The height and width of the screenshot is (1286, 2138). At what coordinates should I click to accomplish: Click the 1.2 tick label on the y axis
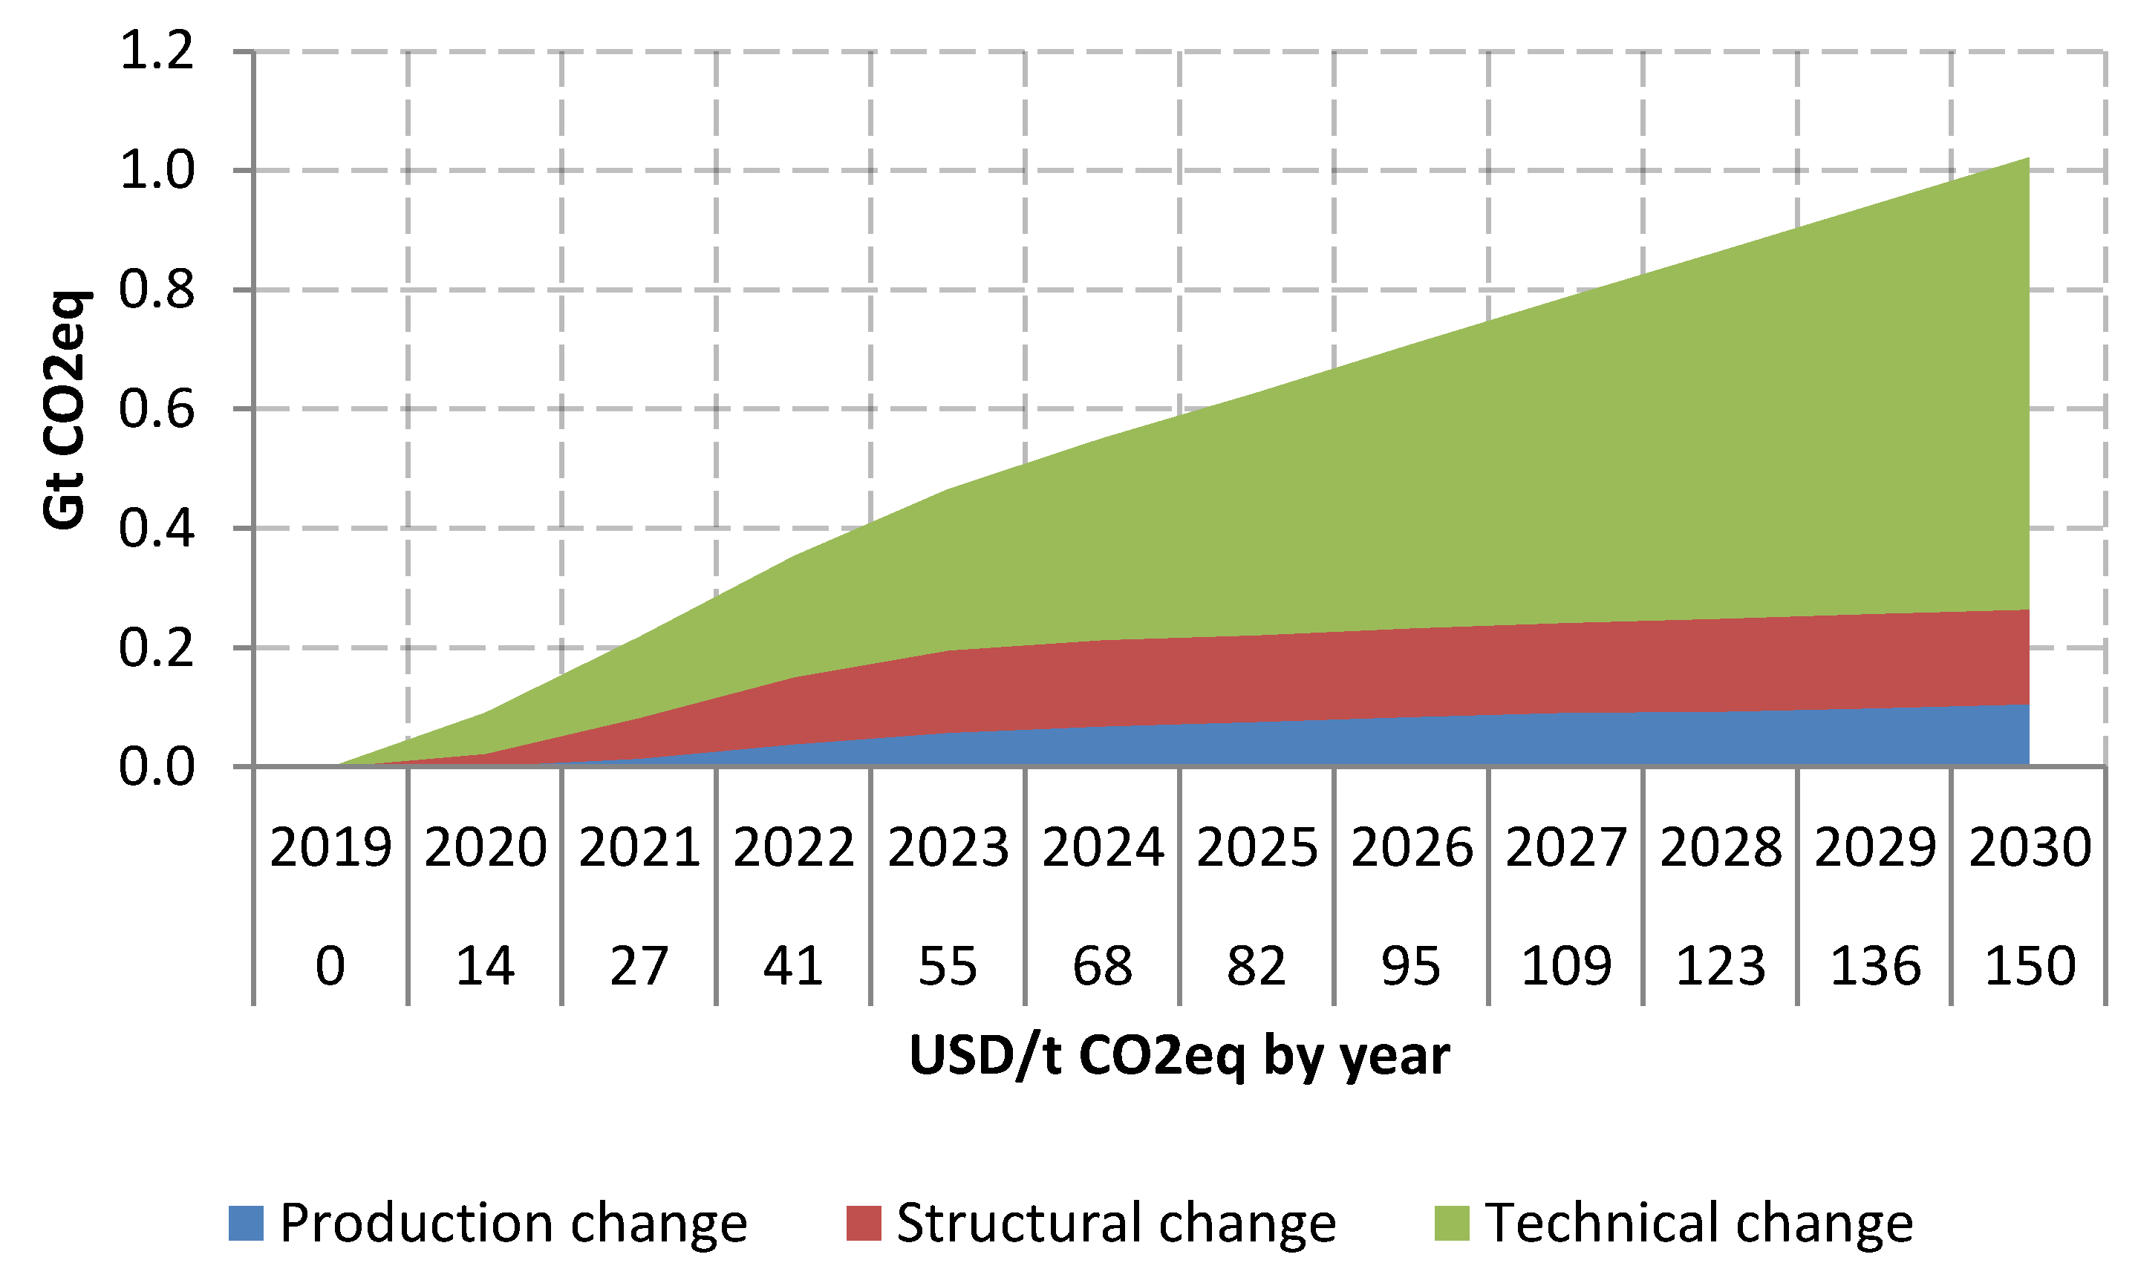click(x=157, y=51)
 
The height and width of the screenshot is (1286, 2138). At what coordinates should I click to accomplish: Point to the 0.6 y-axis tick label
click(x=157, y=409)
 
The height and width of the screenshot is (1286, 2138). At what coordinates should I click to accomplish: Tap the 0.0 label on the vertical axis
click(x=157, y=767)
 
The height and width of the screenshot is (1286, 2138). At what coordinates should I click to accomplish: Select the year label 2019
click(x=330, y=847)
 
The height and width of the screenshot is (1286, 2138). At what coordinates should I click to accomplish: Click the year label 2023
click(x=948, y=847)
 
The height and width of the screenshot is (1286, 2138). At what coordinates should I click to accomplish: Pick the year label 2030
click(x=2030, y=847)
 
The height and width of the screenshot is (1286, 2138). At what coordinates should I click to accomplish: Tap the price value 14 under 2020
click(x=484, y=966)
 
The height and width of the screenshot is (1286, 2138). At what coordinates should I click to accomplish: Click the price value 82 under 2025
click(x=1257, y=966)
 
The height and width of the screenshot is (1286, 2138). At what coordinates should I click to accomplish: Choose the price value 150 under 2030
click(x=2030, y=966)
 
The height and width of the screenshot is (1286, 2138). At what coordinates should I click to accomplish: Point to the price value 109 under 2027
click(x=1566, y=966)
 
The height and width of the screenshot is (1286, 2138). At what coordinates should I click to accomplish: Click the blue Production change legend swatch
click(x=245, y=1223)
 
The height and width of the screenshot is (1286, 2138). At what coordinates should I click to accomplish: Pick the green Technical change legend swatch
click(x=1452, y=1223)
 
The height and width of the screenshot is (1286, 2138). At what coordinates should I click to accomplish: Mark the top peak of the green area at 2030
click(x=2028, y=160)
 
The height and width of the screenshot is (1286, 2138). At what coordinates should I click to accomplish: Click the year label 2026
click(x=1412, y=847)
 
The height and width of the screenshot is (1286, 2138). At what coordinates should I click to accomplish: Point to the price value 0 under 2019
click(x=330, y=966)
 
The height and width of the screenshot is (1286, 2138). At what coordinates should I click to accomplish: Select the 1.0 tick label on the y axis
click(x=157, y=171)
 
